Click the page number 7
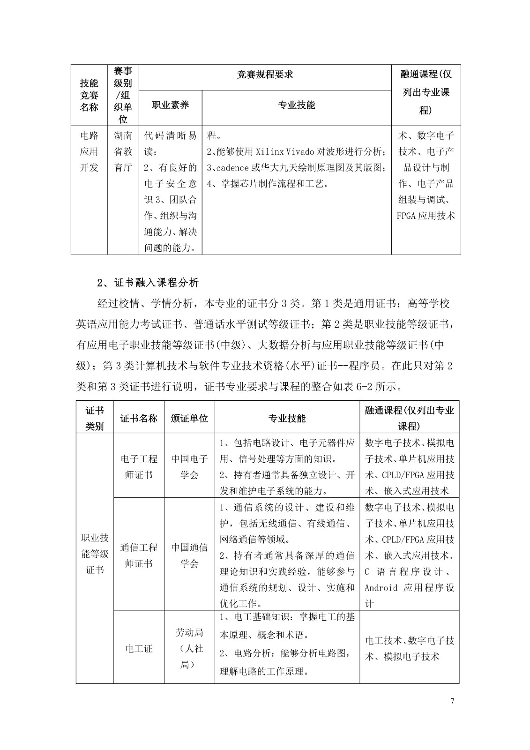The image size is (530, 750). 452,701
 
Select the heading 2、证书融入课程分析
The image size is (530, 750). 148,283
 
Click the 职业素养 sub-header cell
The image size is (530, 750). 171,105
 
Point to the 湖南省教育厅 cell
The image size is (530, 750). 123,151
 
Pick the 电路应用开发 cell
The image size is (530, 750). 89,151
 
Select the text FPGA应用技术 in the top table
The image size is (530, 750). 425,216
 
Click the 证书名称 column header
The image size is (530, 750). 139,418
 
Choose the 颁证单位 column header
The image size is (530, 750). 189,418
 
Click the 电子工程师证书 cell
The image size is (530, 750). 139,466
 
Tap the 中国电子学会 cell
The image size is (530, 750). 189,466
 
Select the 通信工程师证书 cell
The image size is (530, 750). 139,555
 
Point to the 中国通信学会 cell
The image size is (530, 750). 189,555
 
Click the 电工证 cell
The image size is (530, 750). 139,649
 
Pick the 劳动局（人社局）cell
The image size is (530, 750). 189,648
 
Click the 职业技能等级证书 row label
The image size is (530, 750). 95,554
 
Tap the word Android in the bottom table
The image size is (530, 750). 381,588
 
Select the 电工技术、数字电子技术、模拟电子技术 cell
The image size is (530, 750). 410,648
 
